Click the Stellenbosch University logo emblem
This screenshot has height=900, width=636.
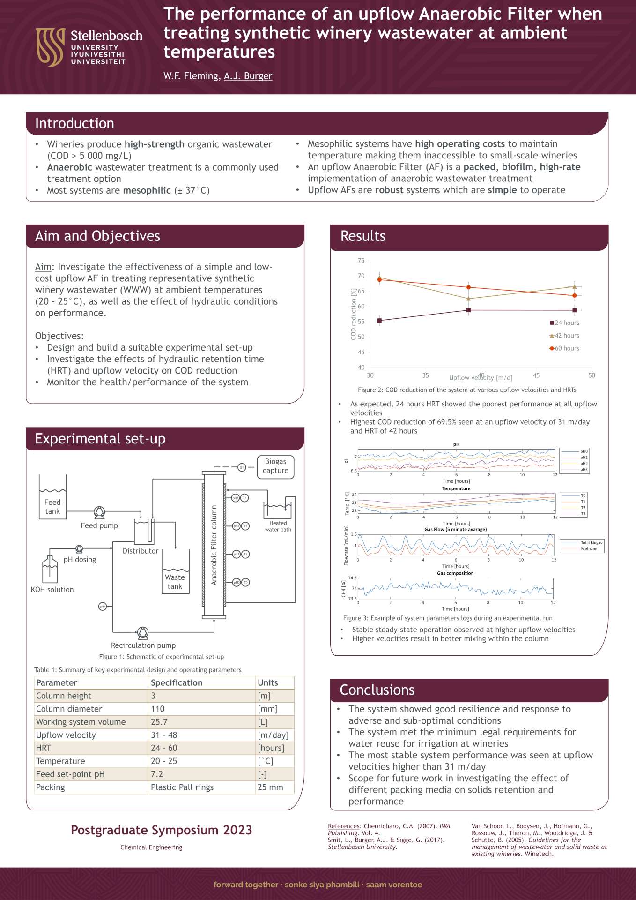click(51, 47)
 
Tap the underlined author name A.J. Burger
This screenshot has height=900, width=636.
click(248, 76)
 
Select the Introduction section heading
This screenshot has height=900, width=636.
click(74, 123)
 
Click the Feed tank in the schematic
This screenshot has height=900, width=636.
click(52, 499)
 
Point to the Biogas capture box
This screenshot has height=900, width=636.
click(275, 466)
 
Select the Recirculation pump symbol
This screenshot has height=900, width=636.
click(143, 633)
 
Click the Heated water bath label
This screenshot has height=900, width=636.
click(278, 526)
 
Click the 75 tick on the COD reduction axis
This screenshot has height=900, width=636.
click(361, 261)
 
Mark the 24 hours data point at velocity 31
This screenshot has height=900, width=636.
click(379, 321)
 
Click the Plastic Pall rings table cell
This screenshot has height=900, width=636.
click(182, 787)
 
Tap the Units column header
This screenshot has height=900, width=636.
click(268, 682)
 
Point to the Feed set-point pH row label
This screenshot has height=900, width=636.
click(70, 774)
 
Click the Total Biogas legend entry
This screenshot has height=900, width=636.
click(592, 543)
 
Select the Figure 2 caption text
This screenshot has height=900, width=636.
click(467, 390)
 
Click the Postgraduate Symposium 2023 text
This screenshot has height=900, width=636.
click(161, 830)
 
